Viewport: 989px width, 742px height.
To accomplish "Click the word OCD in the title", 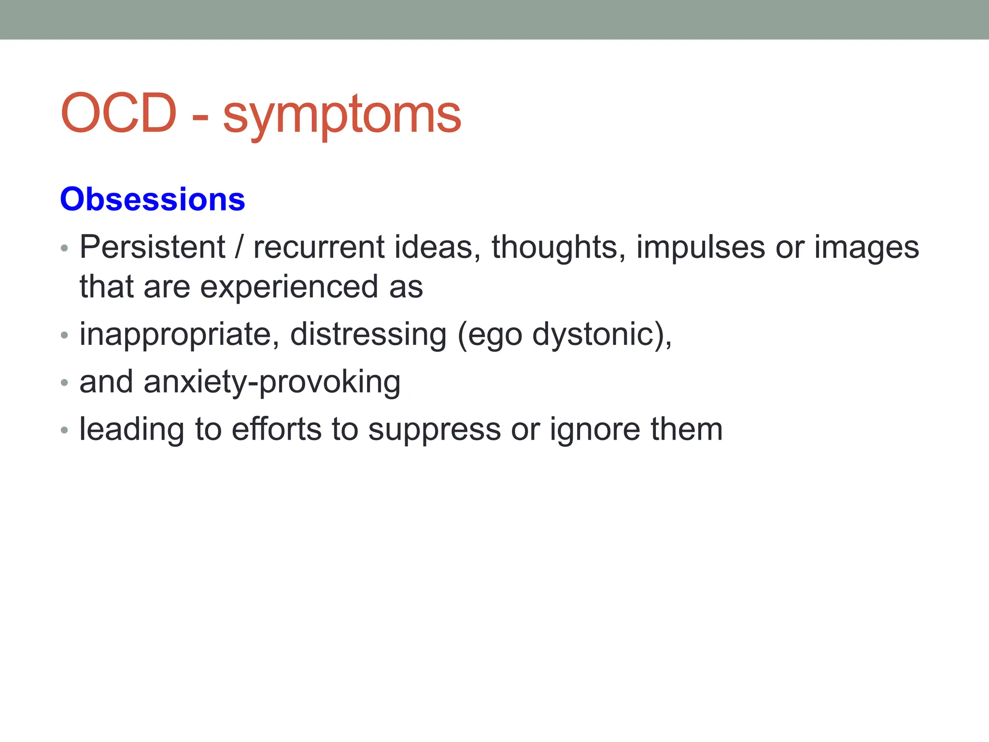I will [x=118, y=113].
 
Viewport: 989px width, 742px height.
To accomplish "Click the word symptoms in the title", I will [x=342, y=116].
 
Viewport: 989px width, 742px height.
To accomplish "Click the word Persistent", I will [x=152, y=247].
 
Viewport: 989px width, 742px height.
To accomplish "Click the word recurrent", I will [x=319, y=247].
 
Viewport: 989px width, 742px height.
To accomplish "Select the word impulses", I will [x=700, y=248].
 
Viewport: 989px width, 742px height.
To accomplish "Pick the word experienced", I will [x=288, y=287].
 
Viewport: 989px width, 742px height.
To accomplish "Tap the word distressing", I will [x=368, y=335].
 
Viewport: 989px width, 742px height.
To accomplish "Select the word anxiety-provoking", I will [x=272, y=382].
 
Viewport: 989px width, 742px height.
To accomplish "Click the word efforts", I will [x=277, y=429].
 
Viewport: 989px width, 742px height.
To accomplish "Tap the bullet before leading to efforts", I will [x=65, y=430].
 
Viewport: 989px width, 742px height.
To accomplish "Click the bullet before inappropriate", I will [x=65, y=335].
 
